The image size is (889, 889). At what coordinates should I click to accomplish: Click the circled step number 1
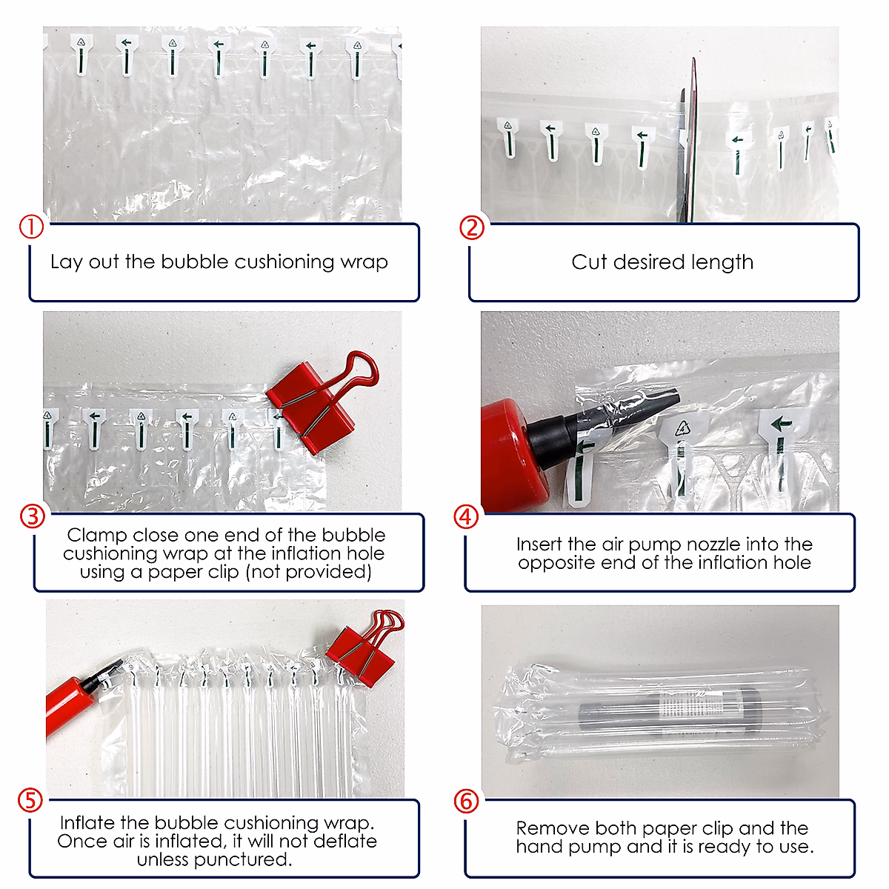click(31, 227)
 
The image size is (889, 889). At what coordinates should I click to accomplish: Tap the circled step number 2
click(471, 228)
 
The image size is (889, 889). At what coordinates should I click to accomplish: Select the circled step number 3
click(33, 516)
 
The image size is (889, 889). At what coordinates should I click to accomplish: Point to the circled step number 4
click(466, 516)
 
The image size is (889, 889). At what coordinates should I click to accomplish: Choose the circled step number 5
click(30, 801)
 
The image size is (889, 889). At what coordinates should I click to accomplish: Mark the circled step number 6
click(466, 802)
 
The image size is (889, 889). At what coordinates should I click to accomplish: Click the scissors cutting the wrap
click(687, 143)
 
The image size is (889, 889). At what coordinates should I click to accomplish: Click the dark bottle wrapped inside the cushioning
click(669, 710)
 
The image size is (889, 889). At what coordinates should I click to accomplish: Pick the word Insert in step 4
click(539, 545)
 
